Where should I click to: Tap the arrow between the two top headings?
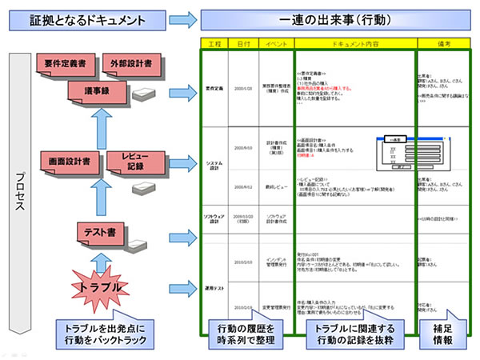pyautogui.click(x=185, y=17)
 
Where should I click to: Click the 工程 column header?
pyautogui.click(x=214, y=42)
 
